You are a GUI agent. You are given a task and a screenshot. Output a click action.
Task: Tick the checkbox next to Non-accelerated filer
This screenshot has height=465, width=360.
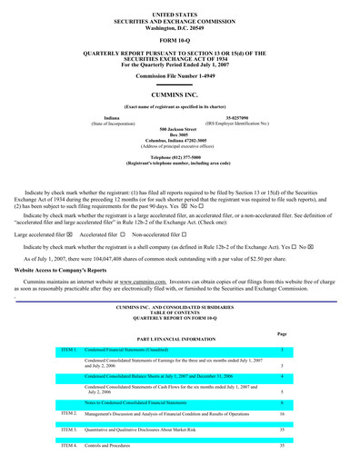[x=185, y=234]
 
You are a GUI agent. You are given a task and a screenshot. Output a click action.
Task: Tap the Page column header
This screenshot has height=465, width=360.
[x=282, y=333]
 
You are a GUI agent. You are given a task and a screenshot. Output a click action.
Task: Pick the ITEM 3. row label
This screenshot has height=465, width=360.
[x=69, y=430]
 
